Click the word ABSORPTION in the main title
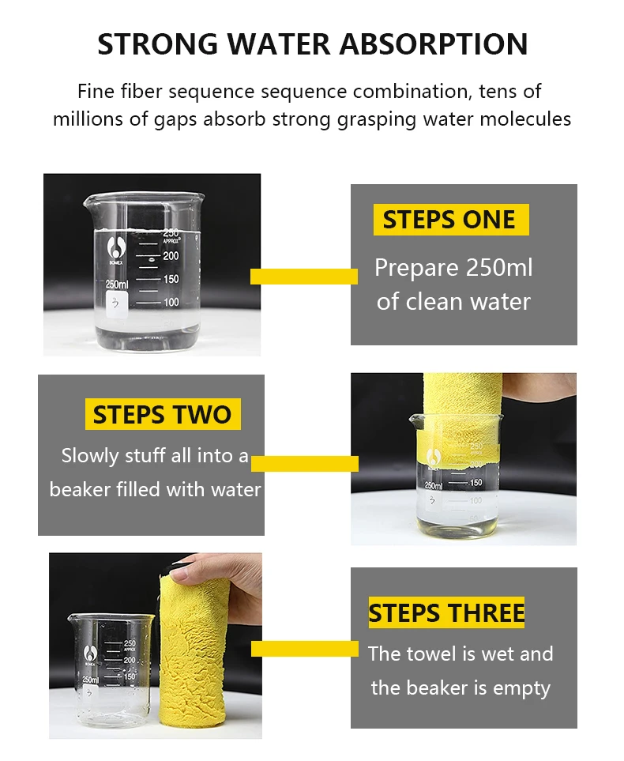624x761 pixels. click(434, 44)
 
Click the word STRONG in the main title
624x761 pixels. click(158, 44)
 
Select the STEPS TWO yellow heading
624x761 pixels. click(162, 414)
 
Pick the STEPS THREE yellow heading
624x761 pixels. click(446, 612)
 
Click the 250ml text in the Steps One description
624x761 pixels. click(499, 267)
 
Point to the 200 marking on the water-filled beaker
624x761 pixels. click(171, 256)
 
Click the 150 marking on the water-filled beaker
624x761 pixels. click(171, 279)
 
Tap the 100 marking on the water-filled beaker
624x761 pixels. click(171, 303)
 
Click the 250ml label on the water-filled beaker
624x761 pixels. click(117, 284)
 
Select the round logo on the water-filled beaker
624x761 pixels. click(116, 247)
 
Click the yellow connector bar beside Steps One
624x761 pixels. click(304, 276)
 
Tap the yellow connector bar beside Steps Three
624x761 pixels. click(305, 649)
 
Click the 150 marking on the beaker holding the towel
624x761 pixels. click(476, 482)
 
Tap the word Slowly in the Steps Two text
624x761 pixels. click(90, 456)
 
